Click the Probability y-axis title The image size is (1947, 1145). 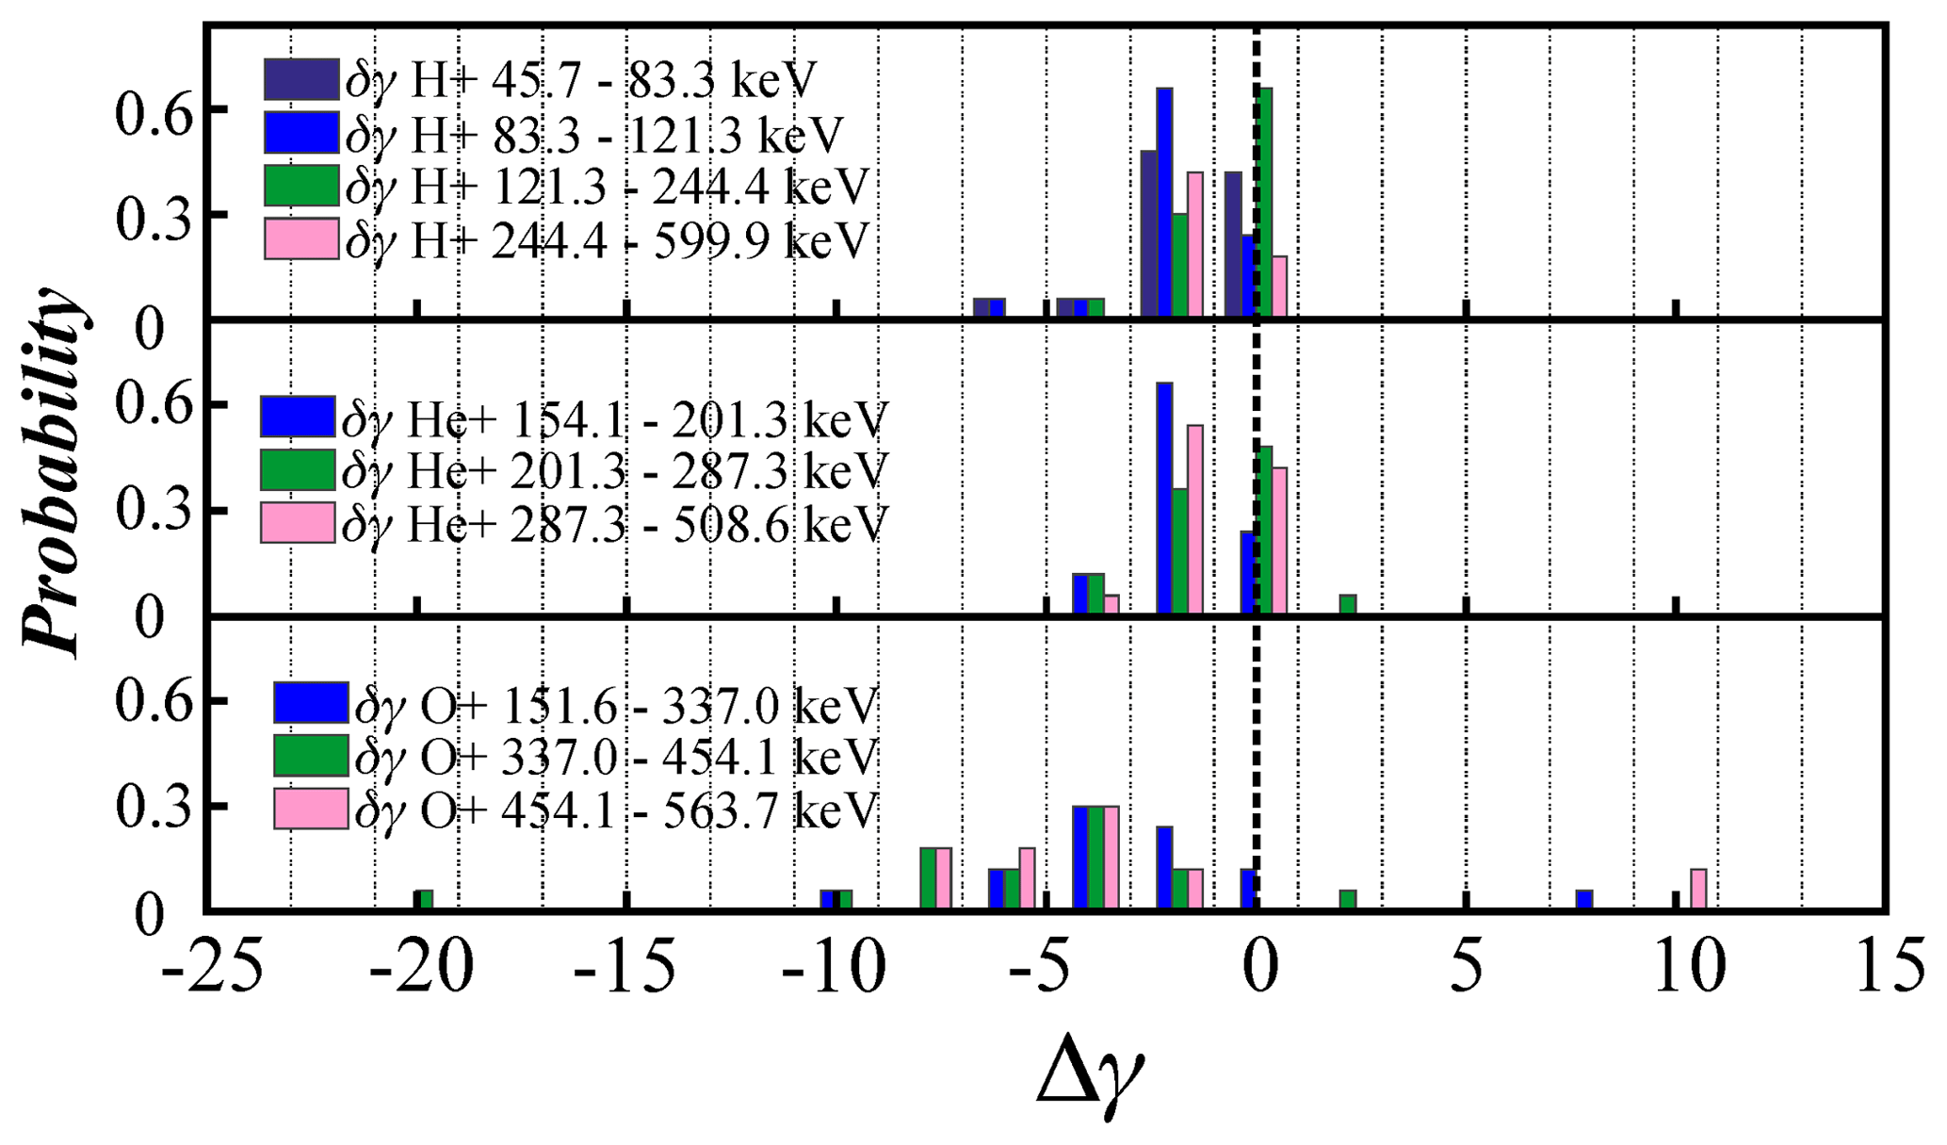[52, 471]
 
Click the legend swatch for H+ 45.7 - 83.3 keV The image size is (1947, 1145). [300, 79]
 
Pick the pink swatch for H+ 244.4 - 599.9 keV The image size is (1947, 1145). [300, 238]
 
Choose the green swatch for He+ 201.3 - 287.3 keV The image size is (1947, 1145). [298, 469]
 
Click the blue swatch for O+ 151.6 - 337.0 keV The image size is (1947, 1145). [311, 702]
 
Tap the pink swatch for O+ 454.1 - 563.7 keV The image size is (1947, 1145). [311, 809]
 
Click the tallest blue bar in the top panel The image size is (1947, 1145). [1164, 202]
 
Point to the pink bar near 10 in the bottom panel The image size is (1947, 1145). [1698, 889]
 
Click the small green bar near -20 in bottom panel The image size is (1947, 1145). [426, 900]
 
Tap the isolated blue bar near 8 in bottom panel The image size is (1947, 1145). [1584, 900]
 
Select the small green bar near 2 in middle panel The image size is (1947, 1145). [1348, 604]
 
